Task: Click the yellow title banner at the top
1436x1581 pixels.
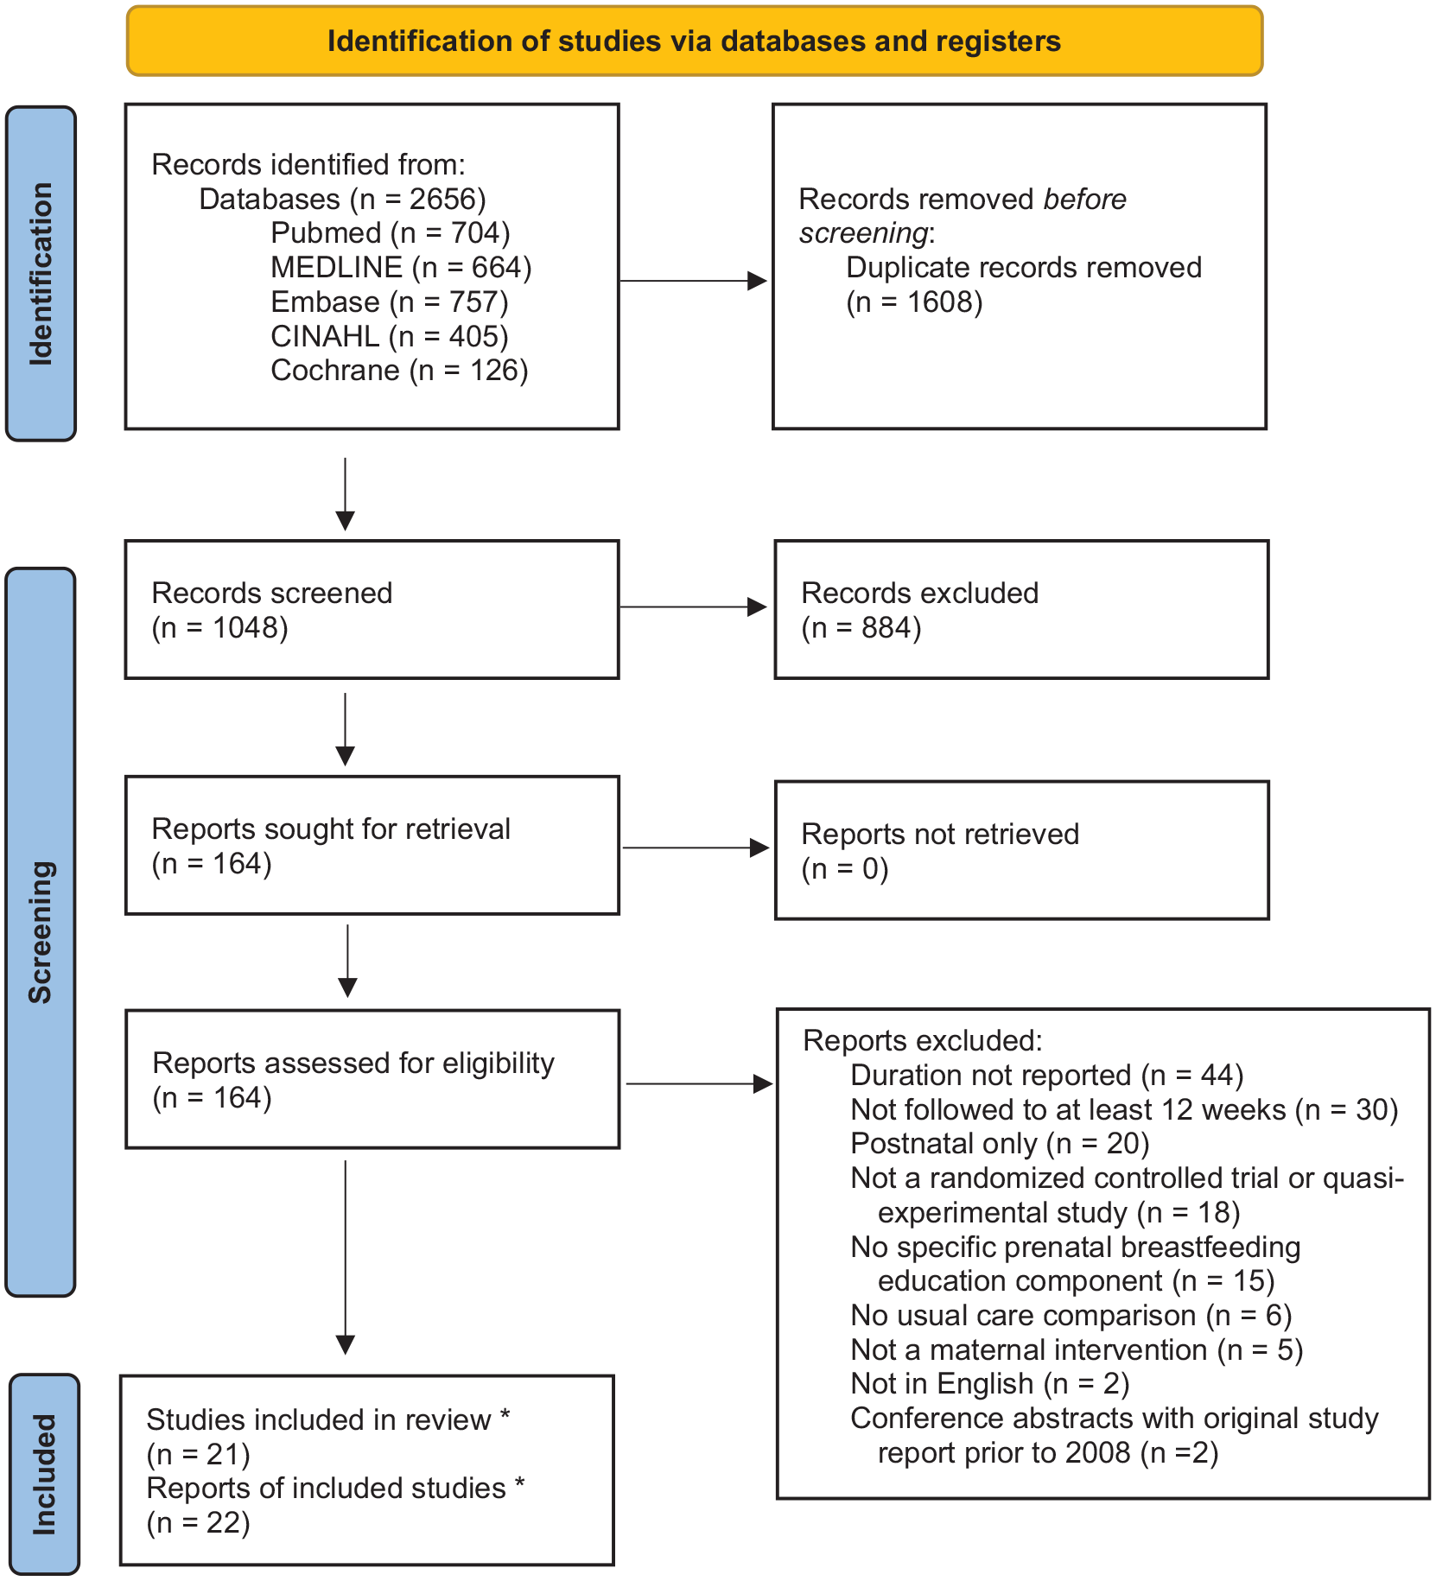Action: (x=695, y=41)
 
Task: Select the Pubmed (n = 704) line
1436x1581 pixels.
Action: (x=391, y=232)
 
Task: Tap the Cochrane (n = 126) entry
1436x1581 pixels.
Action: (x=399, y=370)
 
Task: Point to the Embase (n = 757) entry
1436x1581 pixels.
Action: (x=390, y=302)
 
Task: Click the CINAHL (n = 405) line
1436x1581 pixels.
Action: (x=390, y=336)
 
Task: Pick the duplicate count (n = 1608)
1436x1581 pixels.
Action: (x=914, y=302)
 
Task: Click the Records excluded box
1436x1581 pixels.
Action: (x=1021, y=609)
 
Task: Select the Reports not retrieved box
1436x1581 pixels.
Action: (x=1021, y=850)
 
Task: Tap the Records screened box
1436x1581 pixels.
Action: (x=372, y=609)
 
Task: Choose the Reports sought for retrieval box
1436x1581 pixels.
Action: (x=372, y=845)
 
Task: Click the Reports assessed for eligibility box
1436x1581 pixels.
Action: (x=372, y=1079)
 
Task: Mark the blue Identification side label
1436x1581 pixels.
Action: (x=41, y=274)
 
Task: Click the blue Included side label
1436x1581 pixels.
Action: (x=44, y=1474)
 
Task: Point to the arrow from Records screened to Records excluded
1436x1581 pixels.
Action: (x=694, y=606)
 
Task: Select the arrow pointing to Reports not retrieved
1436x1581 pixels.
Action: (x=696, y=848)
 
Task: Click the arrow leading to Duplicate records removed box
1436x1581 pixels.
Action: (x=694, y=281)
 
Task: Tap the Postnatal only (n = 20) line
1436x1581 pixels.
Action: (x=1000, y=1143)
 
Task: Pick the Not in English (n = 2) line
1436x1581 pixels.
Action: (x=990, y=1383)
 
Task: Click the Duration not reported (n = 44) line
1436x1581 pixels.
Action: (x=1047, y=1075)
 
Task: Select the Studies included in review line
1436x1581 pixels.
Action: (x=328, y=1419)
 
